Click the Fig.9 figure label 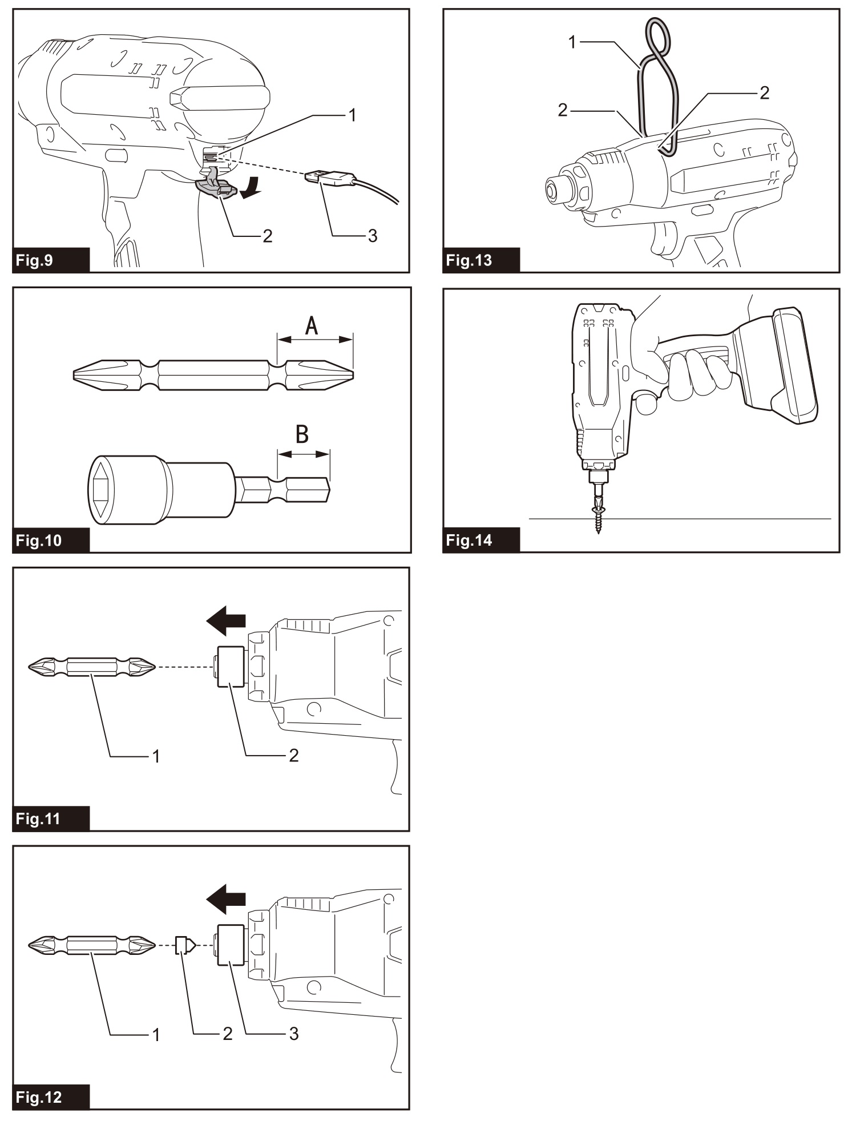(x=35, y=261)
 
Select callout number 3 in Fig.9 (x=372, y=235)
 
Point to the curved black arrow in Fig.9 (x=252, y=188)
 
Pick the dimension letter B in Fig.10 (x=302, y=435)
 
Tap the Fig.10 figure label (x=39, y=540)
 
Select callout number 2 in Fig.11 (x=293, y=756)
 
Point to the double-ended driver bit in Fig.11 (x=91, y=666)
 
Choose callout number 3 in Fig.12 (x=293, y=1034)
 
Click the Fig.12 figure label (x=39, y=1098)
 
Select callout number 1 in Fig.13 (x=573, y=42)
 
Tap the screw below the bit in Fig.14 (x=598, y=516)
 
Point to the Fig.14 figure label (x=469, y=540)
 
